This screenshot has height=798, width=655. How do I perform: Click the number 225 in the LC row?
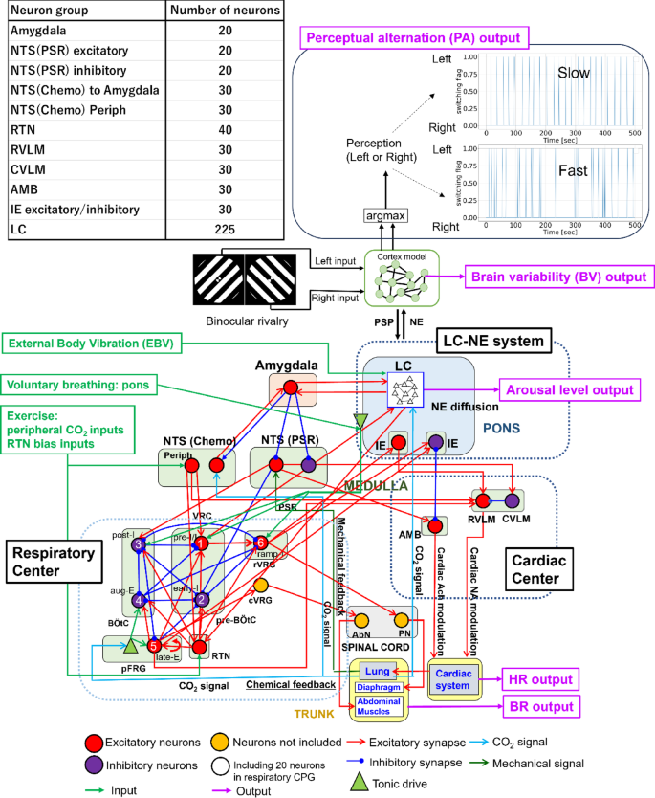pos(225,229)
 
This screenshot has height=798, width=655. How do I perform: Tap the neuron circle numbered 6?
pos(260,543)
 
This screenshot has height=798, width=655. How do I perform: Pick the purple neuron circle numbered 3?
pos(139,544)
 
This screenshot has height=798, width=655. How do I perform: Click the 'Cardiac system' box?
pos(458,657)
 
